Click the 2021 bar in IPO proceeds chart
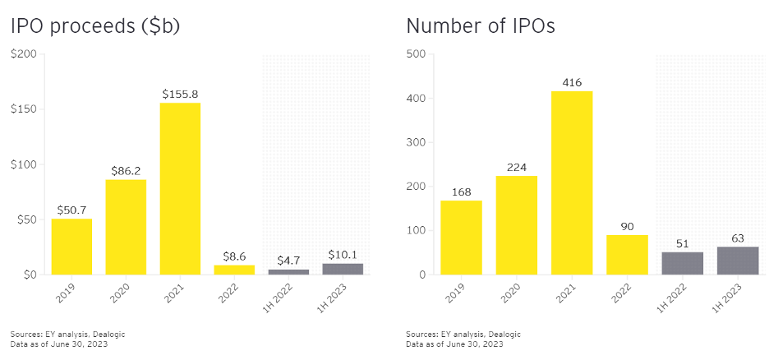point(180,188)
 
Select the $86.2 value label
point(126,171)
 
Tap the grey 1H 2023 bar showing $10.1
point(343,269)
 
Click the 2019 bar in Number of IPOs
point(461,238)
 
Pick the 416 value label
point(571,83)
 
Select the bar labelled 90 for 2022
point(627,255)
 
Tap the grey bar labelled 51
point(682,263)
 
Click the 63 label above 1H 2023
point(737,238)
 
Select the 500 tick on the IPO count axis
point(416,54)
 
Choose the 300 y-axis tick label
point(416,142)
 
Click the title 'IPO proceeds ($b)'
point(95,26)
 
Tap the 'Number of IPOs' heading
point(481,26)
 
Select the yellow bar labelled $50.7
point(71,247)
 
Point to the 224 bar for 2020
point(516,225)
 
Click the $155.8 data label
point(181,95)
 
